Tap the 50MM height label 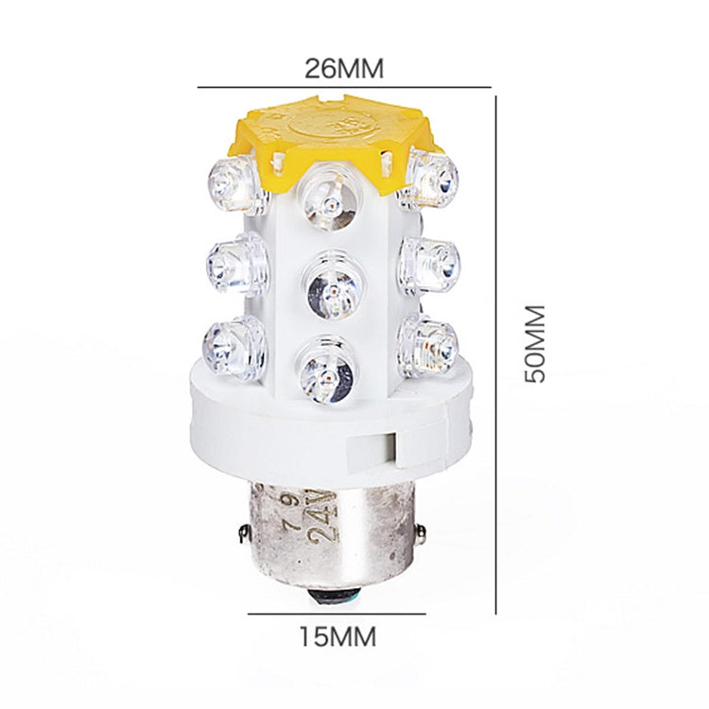pyautogui.click(x=536, y=342)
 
